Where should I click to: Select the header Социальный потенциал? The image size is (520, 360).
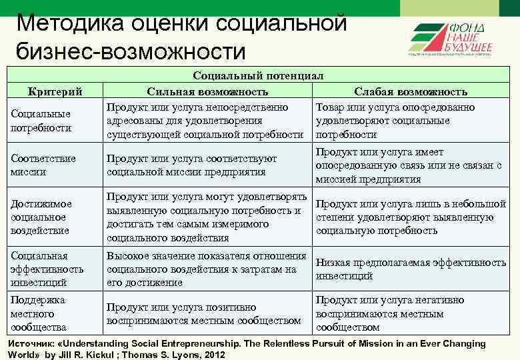coord(258,76)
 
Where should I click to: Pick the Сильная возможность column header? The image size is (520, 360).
coord(207,91)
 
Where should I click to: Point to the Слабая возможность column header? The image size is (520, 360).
coord(410,91)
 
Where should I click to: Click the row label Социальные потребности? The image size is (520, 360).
coord(40,121)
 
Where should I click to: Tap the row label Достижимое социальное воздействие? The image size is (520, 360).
coord(41,217)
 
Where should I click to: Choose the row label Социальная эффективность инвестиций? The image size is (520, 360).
coord(47,269)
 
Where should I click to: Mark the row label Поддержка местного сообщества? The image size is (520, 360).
coord(39,313)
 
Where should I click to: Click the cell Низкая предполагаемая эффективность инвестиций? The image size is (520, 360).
coord(410,269)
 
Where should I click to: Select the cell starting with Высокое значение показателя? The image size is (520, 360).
coord(206,269)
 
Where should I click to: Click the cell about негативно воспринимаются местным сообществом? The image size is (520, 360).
coord(389,313)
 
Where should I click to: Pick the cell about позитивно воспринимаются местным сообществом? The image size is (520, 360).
coord(203,314)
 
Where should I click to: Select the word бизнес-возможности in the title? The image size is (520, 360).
coord(131,51)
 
